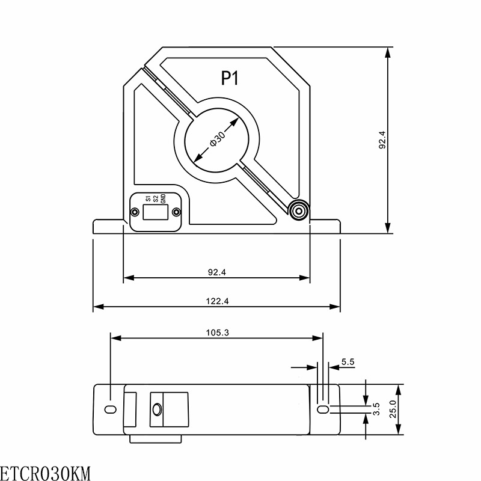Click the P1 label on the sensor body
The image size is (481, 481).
(x=230, y=78)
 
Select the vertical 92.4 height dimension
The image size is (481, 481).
(x=382, y=140)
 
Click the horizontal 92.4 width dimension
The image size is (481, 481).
(x=217, y=272)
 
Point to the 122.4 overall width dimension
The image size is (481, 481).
(x=217, y=301)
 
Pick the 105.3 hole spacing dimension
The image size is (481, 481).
(x=217, y=332)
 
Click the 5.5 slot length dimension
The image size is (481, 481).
(x=348, y=362)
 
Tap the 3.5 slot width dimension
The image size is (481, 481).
(x=376, y=409)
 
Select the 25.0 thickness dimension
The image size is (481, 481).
(x=393, y=409)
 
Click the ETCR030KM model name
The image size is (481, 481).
(x=45, y=474)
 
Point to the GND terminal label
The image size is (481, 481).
(x=163, y=198)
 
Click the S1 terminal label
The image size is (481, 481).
(x=148, y=198)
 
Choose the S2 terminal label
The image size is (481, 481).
(x=156, y=198)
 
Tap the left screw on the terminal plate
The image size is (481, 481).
(x=134, y=212)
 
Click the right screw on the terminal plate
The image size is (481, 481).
(x=176, y=212)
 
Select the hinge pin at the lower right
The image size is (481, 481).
(x=298, y=211)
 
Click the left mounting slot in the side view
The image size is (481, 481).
(x=111, y=409)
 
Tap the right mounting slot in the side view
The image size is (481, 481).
(x=323, y=409)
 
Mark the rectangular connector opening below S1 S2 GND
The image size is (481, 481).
(x=156, y=212)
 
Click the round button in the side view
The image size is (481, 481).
(x=157, y=409)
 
